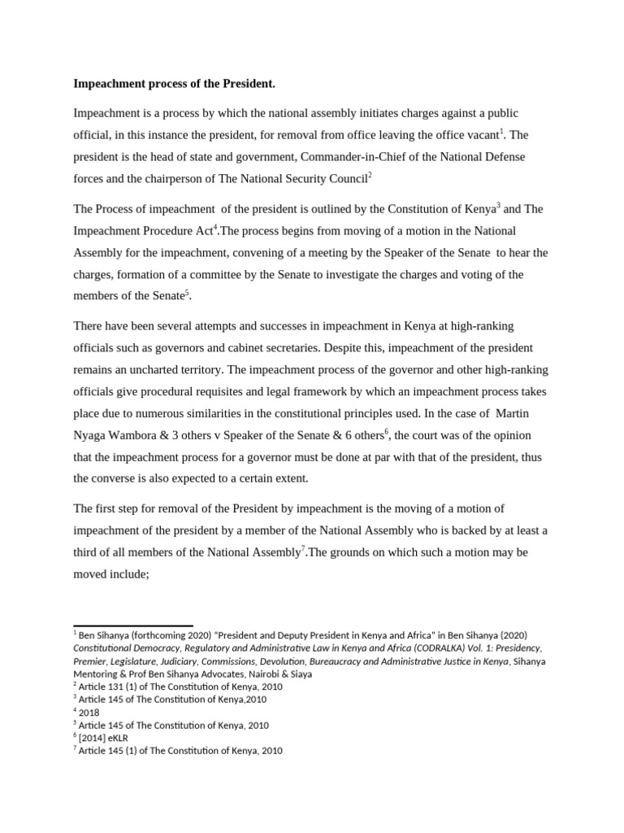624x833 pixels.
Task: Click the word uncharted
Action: [149, 370]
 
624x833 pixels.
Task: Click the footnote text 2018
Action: [90, 713]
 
